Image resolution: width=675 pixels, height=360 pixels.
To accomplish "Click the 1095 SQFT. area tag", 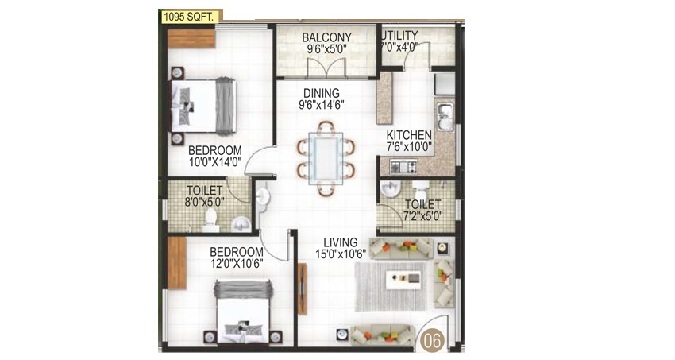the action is [x=191, y=17].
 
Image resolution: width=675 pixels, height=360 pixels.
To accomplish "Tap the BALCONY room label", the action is [x=326, y=37].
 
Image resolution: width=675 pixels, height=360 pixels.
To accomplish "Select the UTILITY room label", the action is [x=400, y=35].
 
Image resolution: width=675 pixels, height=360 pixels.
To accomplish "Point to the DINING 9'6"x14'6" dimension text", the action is [x=322, y=105].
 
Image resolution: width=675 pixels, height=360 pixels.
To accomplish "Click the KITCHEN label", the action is [x=409, y=135].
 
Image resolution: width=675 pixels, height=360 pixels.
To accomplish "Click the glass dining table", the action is [x=326, y=158].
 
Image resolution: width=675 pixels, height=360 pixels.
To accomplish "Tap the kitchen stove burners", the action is [x=403, y=166].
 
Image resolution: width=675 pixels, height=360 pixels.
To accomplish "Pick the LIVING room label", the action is [x=341, y=242].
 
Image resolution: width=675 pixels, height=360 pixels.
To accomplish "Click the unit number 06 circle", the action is [x=433, y=340].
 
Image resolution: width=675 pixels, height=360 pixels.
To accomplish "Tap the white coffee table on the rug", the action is [x=403, y=280].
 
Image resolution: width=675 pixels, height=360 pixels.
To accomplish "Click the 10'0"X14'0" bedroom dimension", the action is [x=215, y=161].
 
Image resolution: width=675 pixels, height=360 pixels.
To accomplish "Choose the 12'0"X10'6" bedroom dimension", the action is [x=237, y=263].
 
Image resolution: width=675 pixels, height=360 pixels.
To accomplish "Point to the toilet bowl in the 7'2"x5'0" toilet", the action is [x=420, y=189].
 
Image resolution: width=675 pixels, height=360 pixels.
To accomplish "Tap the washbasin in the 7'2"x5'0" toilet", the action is [x=391, y=188].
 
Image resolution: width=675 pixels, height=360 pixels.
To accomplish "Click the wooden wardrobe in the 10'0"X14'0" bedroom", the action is [x=191, y=39].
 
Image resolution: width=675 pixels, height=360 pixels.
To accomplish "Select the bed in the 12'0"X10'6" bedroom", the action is [x=244, y=312].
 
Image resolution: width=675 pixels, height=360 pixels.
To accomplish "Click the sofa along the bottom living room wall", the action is [x=383, y=335].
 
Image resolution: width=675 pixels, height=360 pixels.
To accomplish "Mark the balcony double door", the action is [x=326, y=69].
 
